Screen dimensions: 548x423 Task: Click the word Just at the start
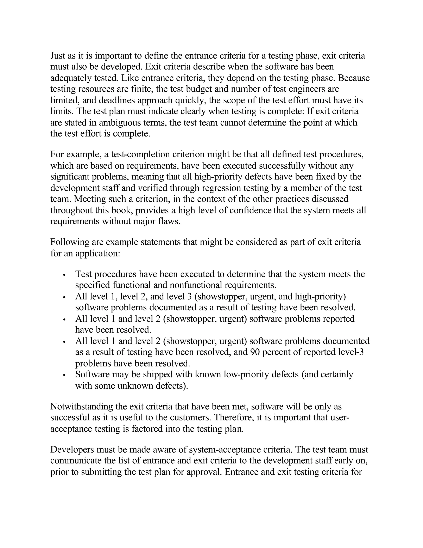pos(58,55)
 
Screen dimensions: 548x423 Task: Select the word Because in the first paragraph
pos(354,78)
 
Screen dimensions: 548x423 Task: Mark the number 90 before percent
pos(255,352)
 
